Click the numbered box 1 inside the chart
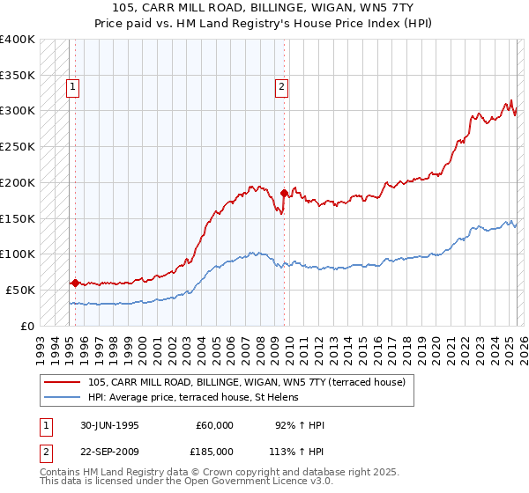point(71,86)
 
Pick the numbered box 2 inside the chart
point(281,86)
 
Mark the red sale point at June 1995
point(76,283)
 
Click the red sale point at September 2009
point(284,193)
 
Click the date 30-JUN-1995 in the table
point(109,425)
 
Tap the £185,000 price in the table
point(215,452)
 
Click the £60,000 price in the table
point(215,425)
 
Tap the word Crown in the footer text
point(217,472)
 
